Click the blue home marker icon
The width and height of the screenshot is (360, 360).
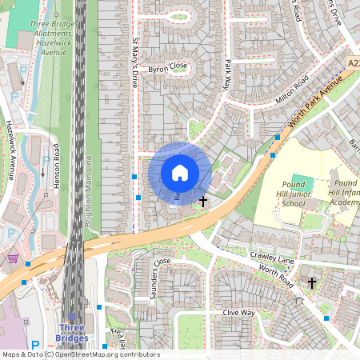[x=180, y=172]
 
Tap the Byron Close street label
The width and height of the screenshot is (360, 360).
[x=167, y=66]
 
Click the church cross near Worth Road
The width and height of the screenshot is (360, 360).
[x=311, y=282]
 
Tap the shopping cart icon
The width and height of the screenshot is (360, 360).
[x=13, y=258]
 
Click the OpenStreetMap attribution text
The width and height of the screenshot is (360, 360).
[x=80, y=354]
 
